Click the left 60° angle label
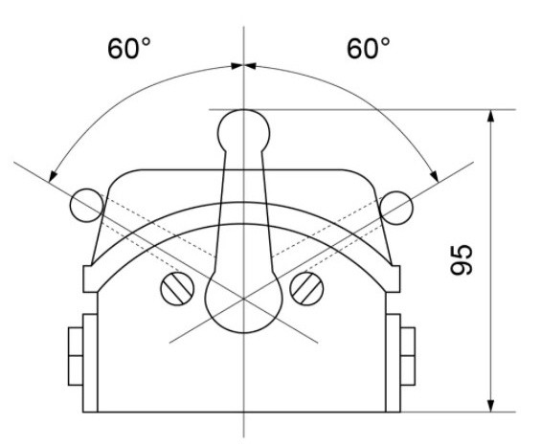coord(126,49)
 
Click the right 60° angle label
coord(364,49)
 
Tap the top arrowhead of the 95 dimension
coord(490,116)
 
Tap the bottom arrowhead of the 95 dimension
coord(490,404)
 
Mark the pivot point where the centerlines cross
coord(244,299)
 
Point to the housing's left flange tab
coord(92,278)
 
